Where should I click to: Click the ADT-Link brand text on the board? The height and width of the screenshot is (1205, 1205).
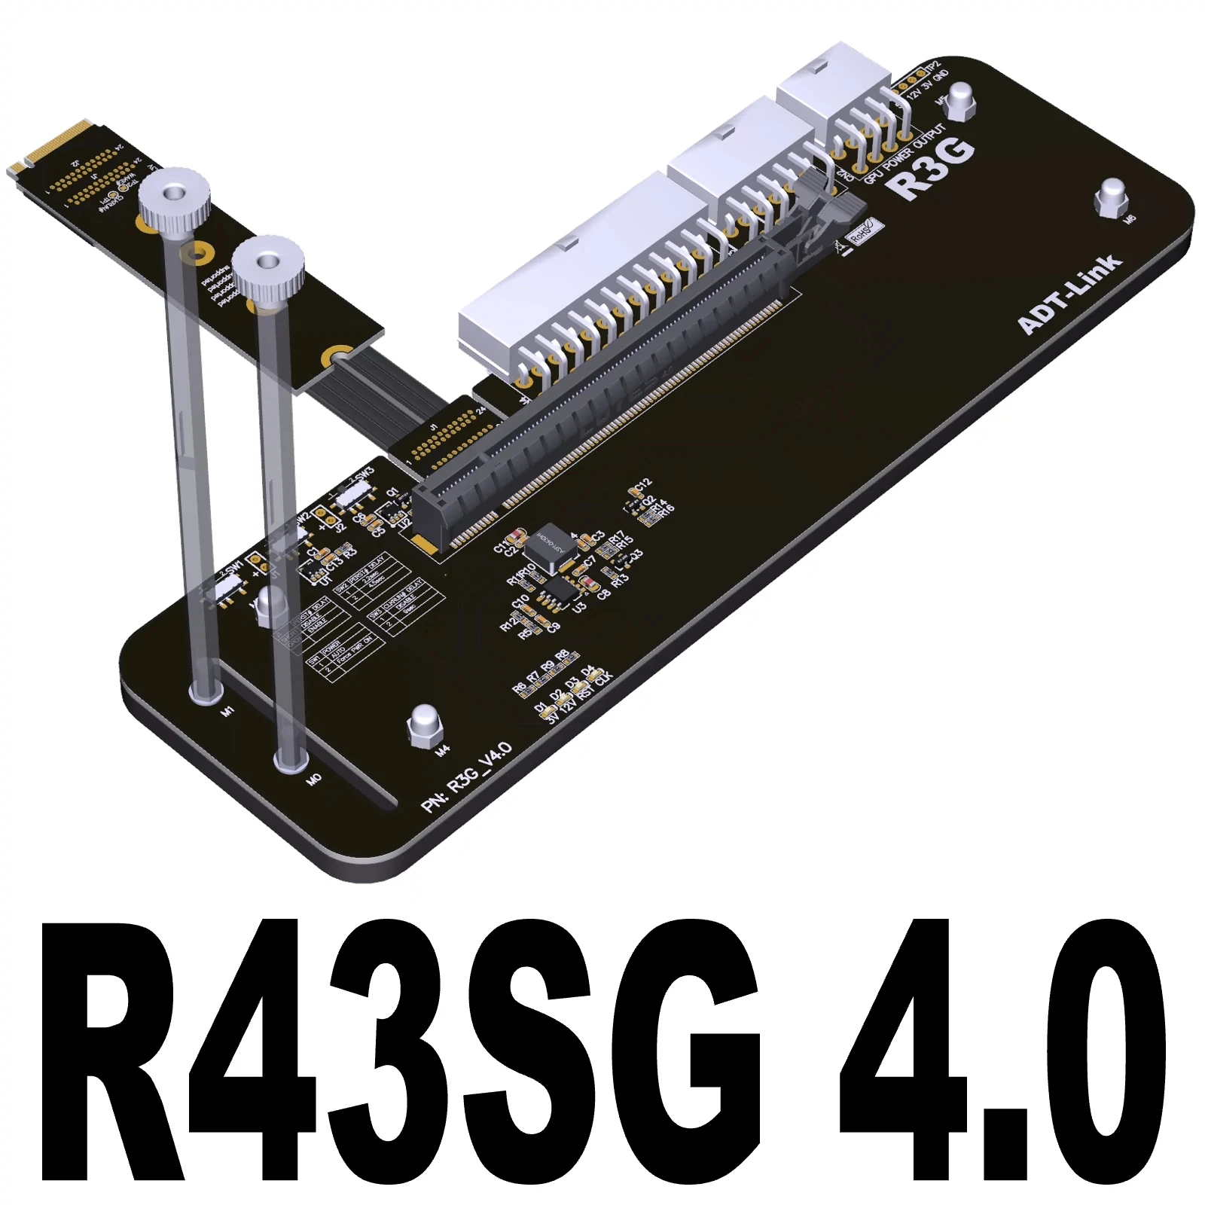pyautogui.click(x=1069, y=294)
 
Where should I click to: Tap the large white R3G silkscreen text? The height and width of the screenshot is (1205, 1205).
pyautogui.click(x=934, y=169)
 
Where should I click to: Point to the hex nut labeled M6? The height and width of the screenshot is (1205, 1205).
pyautogui.click(x=1112, y=197)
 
